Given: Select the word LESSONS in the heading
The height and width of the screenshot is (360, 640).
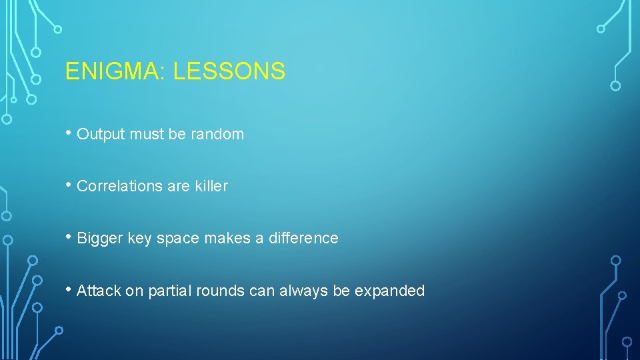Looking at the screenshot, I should click(x=229, y=71).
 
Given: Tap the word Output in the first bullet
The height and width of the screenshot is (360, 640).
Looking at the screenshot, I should click(x=101, y=134).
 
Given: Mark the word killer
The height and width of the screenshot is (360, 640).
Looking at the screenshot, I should click(x=211, y=186).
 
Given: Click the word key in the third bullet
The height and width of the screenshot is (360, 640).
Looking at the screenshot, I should click(x=139, y=239).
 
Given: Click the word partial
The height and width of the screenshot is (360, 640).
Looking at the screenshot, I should click(x=167, y=291).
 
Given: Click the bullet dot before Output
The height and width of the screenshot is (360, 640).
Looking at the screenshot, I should click(x=69, y=133).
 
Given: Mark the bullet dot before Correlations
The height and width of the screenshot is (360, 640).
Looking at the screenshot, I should click(x=69, y=185).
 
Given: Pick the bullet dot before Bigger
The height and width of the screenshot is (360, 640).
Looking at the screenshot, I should click(x=69, y=237).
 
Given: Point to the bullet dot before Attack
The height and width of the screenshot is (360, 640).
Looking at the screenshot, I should click(x=69, y=289).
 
